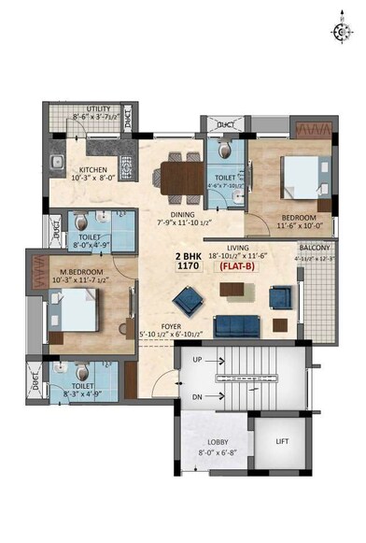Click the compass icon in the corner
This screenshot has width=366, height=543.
(340, 31)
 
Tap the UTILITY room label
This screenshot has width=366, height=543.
(98, 109)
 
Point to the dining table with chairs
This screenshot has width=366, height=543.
(181, 179)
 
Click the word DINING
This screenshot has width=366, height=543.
(182, 214)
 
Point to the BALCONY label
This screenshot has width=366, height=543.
(312, 248)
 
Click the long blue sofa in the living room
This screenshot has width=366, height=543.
(237, 325)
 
